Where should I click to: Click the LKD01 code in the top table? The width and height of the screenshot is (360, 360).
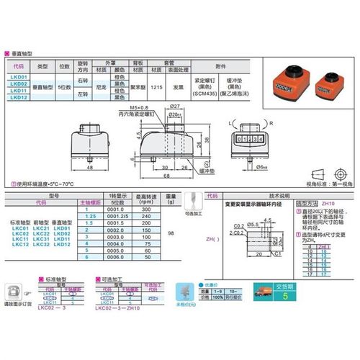click(x=19, y=76)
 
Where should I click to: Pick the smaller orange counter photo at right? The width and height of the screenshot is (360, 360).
click(x=333, y=81)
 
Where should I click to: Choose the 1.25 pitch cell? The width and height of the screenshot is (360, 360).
click(x=90, y=215)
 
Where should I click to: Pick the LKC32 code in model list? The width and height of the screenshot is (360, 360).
click(x=41, y=245)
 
